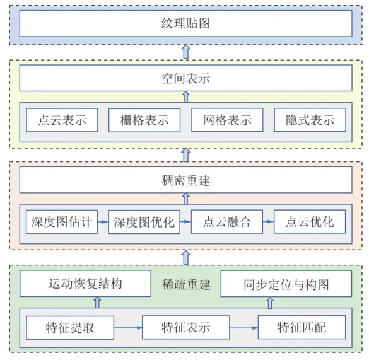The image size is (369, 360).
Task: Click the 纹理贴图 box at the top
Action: (185, 23)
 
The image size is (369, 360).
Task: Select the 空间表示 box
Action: (185, 78)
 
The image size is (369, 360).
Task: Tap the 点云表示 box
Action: (62, 120)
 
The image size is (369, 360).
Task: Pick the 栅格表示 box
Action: (144, 120)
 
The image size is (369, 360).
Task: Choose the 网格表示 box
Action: (227, 120)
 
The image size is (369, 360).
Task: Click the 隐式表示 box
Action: (310, 120)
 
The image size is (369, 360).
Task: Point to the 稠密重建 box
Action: (185, 180)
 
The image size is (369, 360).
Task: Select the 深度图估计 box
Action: (62, 222)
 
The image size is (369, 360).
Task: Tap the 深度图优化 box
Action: (144, 222)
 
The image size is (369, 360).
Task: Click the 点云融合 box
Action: (227, 222)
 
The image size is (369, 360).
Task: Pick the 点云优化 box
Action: (310, 222)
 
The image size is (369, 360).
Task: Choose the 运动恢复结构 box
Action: (85, 284)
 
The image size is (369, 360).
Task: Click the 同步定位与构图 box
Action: (286, 284)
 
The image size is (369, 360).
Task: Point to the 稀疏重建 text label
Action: (186, 284)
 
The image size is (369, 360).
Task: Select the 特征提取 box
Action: (70, 328)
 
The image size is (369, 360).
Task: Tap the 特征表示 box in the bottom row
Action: (186, 328)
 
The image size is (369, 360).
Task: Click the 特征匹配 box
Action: (302, 328)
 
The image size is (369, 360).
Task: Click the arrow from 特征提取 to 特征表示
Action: (128, 328)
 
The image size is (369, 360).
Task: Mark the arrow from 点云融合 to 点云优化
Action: (269, 222)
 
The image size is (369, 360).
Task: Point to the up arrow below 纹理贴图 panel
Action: (186, 52)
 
